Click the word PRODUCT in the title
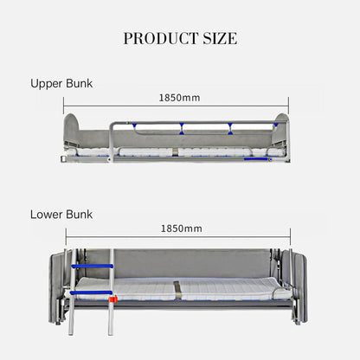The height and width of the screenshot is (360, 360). pyautogui.click(x=160, y=38)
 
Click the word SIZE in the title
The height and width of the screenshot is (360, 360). pyautogui.click(x=220, y=38)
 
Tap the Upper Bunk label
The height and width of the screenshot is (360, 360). pyautogui.click(x=61, y=84)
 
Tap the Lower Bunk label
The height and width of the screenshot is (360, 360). pyautogui.click(x=61, y=215)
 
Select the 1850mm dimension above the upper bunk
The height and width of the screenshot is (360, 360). pyautogui.click(x=179, y=98)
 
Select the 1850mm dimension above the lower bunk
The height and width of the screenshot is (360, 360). pyautogui.click(x=181, y=228)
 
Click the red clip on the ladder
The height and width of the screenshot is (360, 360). pyautogui.click(x=113, y=299)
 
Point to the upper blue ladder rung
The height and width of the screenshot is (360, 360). pyautogui.click(x=93, y=266)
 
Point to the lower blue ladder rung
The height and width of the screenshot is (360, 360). pyautogui.click(x=91, y=292)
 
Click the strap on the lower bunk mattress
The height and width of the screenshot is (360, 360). pyautogui.click(x=177, y=290)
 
